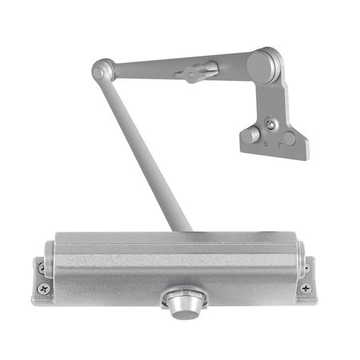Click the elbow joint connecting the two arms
[101, 70]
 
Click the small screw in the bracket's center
[272, 124]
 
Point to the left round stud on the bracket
[251, 135]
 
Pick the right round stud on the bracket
[289, 138]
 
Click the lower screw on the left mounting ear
[42, 290]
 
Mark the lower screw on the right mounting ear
[305, 288]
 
